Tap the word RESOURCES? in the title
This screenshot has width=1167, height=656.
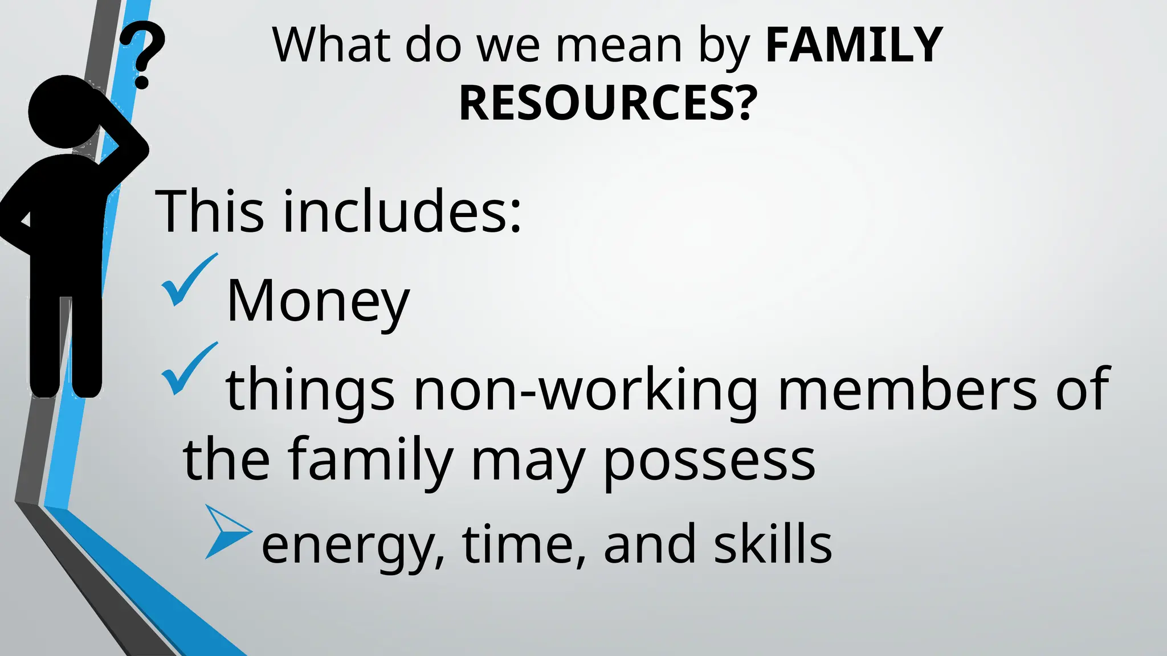point(608,104)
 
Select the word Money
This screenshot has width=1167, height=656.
point(318,302)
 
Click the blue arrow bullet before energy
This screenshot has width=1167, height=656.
point(227,531)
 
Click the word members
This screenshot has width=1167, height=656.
point(907,390)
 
